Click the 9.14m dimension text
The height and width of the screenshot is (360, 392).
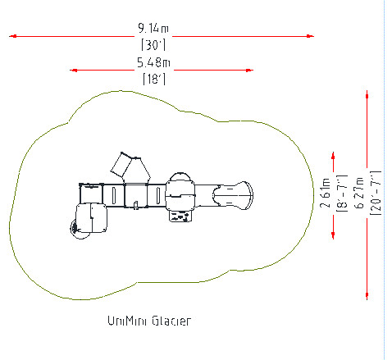pos(153,28)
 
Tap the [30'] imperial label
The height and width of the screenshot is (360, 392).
pos(153,45)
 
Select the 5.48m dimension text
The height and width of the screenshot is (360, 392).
pos(153,62)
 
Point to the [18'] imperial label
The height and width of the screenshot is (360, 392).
pos(154,79)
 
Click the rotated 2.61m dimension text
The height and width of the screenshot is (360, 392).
pos(326,193)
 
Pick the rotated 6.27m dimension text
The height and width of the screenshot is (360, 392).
pos(360,193)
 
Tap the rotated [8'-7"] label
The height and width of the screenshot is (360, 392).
pos(342,194)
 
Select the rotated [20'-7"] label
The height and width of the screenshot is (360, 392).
pos(376,193)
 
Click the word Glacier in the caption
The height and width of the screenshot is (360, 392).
pos(171,321)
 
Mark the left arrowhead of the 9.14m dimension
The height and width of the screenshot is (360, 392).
pos(13,36)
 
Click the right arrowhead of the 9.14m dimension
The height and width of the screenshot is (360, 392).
pos(310,36)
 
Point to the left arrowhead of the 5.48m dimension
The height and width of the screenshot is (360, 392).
pos(74,71)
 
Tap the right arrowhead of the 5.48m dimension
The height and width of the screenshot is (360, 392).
pos(249,71)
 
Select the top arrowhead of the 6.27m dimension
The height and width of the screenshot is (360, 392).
pos(367,94)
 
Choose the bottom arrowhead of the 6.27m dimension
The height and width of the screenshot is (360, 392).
pos(367,296)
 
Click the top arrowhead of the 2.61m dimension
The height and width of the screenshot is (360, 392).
pos(333,156)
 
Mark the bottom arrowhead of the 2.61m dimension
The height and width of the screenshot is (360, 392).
pos(333,235)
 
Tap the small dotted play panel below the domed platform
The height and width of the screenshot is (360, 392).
pos(180,216)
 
